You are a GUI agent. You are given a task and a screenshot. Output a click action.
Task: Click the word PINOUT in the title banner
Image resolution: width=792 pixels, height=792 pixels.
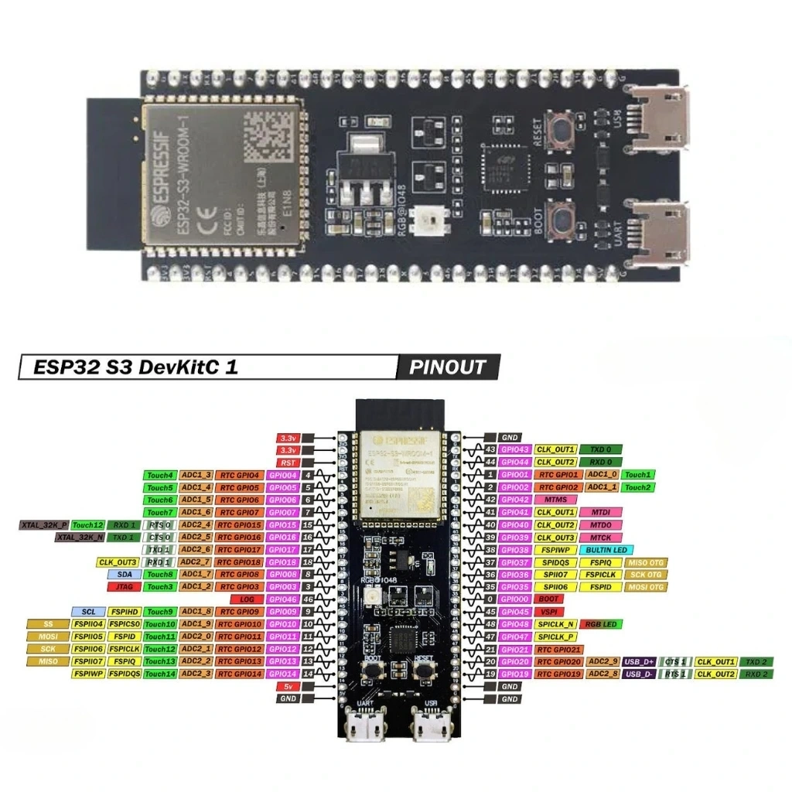(x=448, y=367)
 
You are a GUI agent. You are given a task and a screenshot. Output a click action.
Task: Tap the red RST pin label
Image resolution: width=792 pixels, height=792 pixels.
(x=288, y=463)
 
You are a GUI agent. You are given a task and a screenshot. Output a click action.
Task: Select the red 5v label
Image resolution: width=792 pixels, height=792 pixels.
(x=288, y=686)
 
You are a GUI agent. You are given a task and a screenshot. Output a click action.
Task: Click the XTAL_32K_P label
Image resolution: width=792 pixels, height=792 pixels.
(x=44, y=525)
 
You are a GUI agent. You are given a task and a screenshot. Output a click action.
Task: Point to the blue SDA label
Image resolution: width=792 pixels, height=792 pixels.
(x=125, y=575)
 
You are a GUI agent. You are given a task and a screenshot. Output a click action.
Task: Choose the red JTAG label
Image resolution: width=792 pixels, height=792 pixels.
(x=125, y=587)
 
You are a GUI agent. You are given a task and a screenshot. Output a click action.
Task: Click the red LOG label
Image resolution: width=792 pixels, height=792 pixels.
(x=247, y=599)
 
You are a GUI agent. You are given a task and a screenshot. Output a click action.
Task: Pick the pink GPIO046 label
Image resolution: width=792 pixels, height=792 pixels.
(x=283, y=599)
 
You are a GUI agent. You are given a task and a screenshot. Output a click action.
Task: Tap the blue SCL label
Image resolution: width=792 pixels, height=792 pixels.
(x=88, y=612)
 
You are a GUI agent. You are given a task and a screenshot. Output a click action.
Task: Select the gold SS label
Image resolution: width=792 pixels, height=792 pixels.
(x=48, y=624)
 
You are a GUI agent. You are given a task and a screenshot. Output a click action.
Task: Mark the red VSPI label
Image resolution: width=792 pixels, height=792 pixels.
(x=549, y=612)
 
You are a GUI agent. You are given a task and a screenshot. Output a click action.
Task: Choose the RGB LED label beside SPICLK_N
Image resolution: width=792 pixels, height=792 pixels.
(x=601, y=624)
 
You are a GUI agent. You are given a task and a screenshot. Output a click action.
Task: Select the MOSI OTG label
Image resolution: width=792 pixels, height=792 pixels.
(x=646, y=587)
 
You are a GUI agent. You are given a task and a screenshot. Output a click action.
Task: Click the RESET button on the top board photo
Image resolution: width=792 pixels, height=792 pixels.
(x=562, y=129)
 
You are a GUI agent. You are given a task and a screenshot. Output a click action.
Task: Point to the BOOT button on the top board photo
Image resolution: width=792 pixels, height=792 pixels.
(x=562, y=220)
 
